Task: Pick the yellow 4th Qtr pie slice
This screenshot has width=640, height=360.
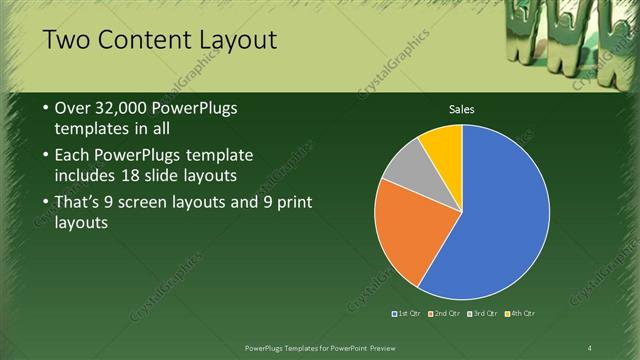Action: pyautogui.click(x=443, y=145)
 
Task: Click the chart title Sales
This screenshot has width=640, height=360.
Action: pyautogui.click(x=461, y=109)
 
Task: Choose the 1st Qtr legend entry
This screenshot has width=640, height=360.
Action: pyautogui.click(x=406, y=314)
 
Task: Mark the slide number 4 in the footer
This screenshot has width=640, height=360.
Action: pyautogui.click(x=589, y=347)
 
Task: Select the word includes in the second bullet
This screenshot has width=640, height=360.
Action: pyautogui.click(x=88, y=177)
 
